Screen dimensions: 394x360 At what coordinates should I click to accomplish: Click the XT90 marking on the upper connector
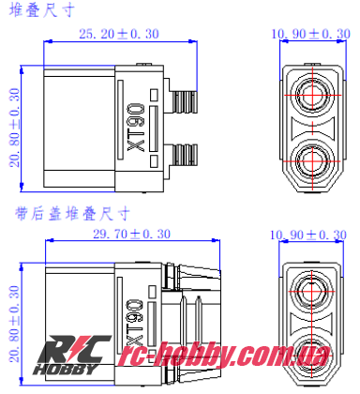pos(133,127)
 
